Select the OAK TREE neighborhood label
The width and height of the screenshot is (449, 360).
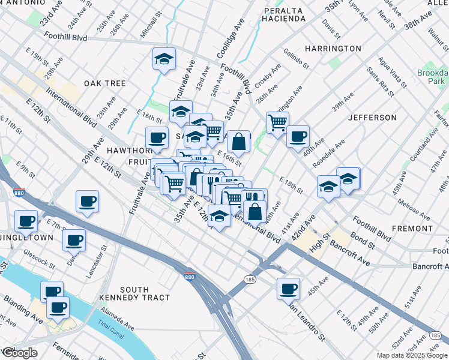pos(104,83)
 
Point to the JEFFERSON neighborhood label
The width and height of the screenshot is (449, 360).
pos(372,117)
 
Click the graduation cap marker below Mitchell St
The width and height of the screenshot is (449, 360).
pos(164,59)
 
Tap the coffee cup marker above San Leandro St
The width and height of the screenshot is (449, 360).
pos(288,289)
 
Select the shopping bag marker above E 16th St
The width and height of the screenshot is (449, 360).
pos(238,142)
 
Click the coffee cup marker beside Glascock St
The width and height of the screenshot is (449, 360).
pos(74,241)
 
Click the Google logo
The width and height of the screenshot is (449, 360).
pos(19,353)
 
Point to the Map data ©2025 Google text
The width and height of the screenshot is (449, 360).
pos(411,355)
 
